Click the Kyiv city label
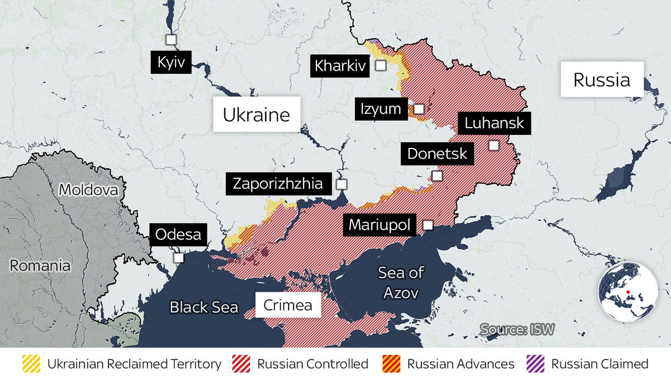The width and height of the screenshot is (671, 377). click(x=171, y=62)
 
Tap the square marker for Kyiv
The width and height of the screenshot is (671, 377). click(x=171, y=40)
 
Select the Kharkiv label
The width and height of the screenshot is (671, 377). click(x=340, y=66)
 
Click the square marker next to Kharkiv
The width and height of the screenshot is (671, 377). click(x=380, y=65)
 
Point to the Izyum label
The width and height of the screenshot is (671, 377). click(x=381, y=109)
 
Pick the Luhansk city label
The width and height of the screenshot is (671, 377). click(x=494, y=123)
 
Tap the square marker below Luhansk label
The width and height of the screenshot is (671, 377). click(x=494, y=145)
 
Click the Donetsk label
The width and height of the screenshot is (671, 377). click(x=437, y=154)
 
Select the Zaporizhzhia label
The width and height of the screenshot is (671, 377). click(x=278, y=183)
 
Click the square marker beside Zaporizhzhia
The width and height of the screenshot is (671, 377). click(x=341, y=184)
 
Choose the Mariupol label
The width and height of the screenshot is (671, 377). click(x=379, y=225)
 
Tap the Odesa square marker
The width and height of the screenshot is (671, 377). click(x=179, y=258)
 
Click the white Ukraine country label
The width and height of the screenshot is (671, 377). click(x=256, y=115)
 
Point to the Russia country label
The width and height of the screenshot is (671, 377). click(x=602, y=80)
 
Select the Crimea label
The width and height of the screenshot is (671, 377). click(x=288, y=305)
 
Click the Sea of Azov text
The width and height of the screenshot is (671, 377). click(x=401, y=283)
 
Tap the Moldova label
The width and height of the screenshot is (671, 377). click(x=88, y=190)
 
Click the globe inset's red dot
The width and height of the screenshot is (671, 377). click(x=628, y=292)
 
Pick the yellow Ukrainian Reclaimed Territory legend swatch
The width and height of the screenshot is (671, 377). click(x=31, y=364)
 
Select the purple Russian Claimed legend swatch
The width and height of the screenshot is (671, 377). click(x=536, y=364)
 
